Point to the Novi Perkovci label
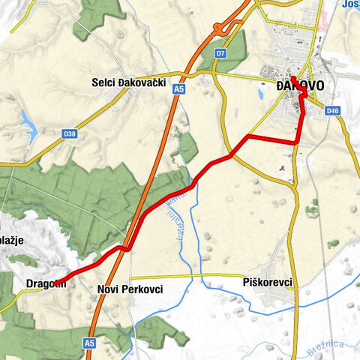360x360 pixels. [x=130, y=289]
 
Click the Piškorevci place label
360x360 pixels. [x=267, y=283]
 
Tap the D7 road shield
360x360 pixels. [x=220, y=54]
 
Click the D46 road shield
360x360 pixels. [x=333, y=112]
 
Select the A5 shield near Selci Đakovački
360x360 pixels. [x=178, y=89]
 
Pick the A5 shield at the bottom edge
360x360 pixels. [x=89, y=343]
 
